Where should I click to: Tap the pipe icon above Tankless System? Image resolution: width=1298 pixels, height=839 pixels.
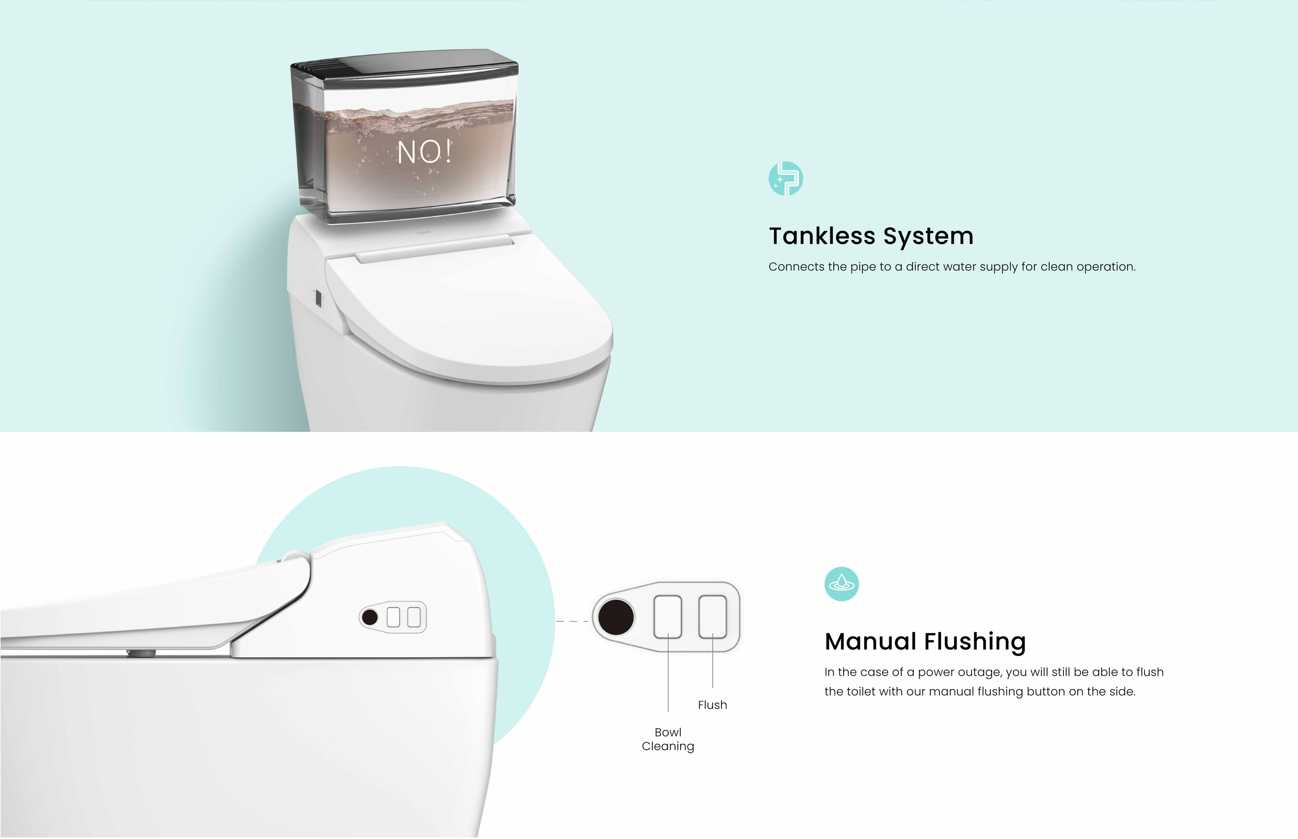coord(785,178)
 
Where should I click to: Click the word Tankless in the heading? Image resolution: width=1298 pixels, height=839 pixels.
coord(822,236)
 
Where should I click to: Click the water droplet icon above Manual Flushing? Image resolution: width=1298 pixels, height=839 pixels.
coord(842,583)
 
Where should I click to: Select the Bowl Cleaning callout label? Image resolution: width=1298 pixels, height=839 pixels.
coord(668,739)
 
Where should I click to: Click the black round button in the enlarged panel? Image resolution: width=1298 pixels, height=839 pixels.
coord(616,617)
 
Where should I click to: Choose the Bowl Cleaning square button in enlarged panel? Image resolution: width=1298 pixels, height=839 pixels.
coord(668,616)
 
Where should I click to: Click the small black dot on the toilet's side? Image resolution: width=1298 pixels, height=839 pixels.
coord(370,617)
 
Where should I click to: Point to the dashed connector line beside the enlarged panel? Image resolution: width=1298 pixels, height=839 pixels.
coord(572,621)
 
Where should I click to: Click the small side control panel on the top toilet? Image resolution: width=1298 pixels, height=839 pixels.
coord(318,297)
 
